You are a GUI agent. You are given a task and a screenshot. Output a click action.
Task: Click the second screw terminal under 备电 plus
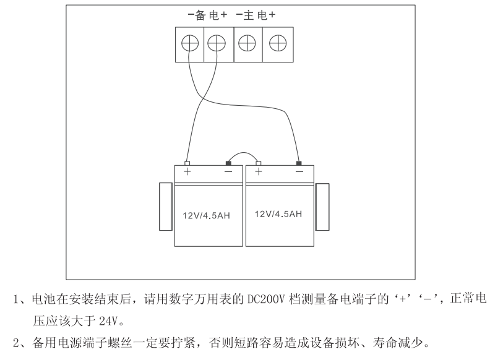coord(216,43)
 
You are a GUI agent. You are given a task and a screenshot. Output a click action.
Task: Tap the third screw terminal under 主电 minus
coord(247,43)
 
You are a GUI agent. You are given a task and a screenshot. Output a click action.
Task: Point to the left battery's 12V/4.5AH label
coord(205,216)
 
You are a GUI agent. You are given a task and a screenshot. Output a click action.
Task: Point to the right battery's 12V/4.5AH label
coord(278,214)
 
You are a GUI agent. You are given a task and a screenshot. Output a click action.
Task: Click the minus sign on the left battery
coord(228,171)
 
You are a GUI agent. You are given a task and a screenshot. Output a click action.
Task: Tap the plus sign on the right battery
coord(259,171)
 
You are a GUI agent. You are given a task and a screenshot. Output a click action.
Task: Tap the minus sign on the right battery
coord(300,171)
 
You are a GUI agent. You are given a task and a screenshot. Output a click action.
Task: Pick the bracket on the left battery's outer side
coord(166,207)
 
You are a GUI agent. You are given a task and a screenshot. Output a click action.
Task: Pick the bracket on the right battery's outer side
coord(322,207)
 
